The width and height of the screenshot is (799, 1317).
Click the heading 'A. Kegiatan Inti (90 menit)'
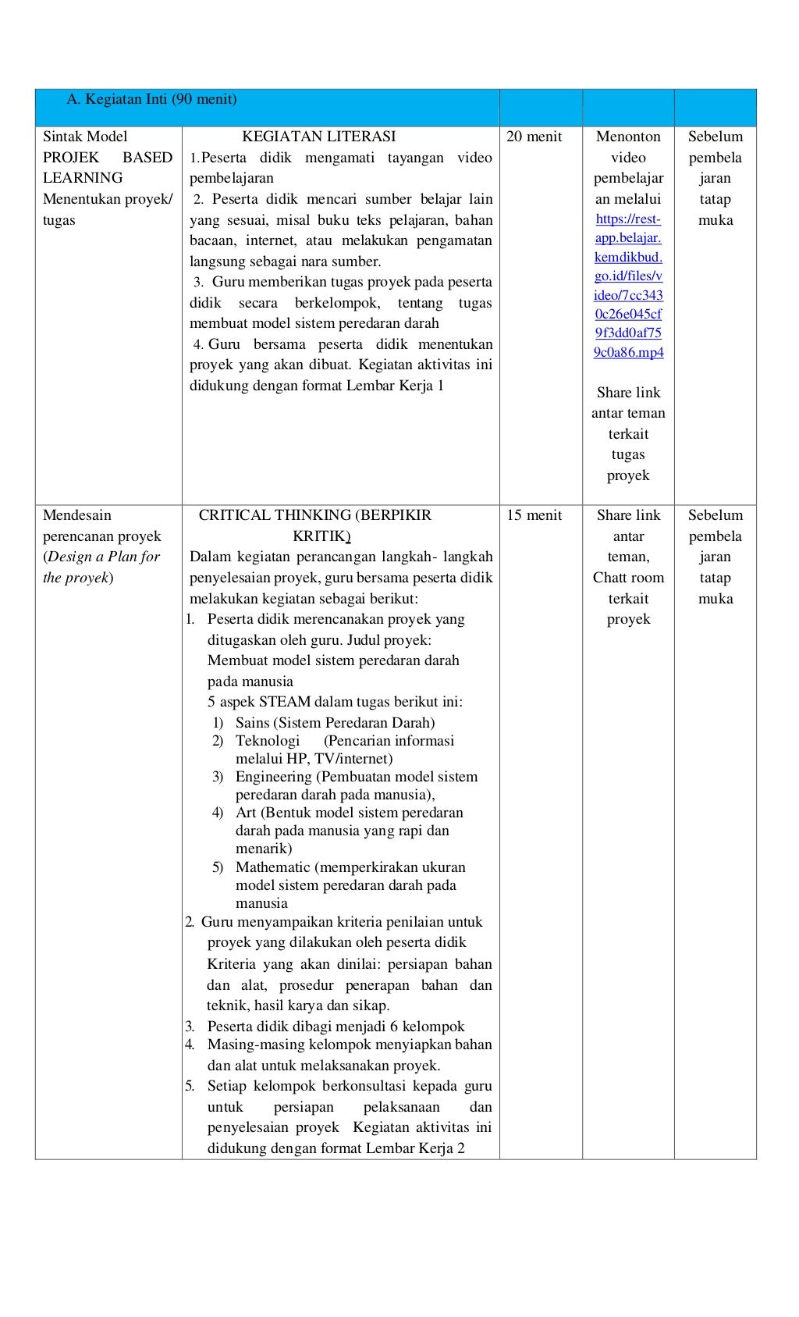[x=151, y=99]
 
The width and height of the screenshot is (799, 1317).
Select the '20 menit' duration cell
[x=534, y=137]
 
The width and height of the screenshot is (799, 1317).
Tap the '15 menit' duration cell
[x=534, y=515]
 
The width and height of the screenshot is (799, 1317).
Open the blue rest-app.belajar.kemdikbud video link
[x=628, y=286]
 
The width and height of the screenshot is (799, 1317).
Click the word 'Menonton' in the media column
[x=628, y=137]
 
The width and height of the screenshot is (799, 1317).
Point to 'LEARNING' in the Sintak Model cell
[x=83, y=178]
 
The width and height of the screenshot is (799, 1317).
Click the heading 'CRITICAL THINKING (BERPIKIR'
[x=314, y=515]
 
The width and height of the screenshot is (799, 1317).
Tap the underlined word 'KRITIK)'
[x=321, y=536]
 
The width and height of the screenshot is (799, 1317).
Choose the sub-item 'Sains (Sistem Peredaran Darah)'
[x=335, y=723]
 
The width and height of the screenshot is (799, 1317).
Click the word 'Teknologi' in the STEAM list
[x=268, y=741]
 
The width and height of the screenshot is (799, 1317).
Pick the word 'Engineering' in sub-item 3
[x=273, y=777]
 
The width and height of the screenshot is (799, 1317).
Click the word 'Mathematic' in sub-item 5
[x=273, y=867]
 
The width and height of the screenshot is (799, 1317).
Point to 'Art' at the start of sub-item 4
[x=246, y=813]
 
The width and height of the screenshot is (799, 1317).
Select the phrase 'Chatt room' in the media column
[x=628, y=578]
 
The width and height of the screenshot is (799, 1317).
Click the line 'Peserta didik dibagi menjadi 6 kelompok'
[x=336, y=1027]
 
